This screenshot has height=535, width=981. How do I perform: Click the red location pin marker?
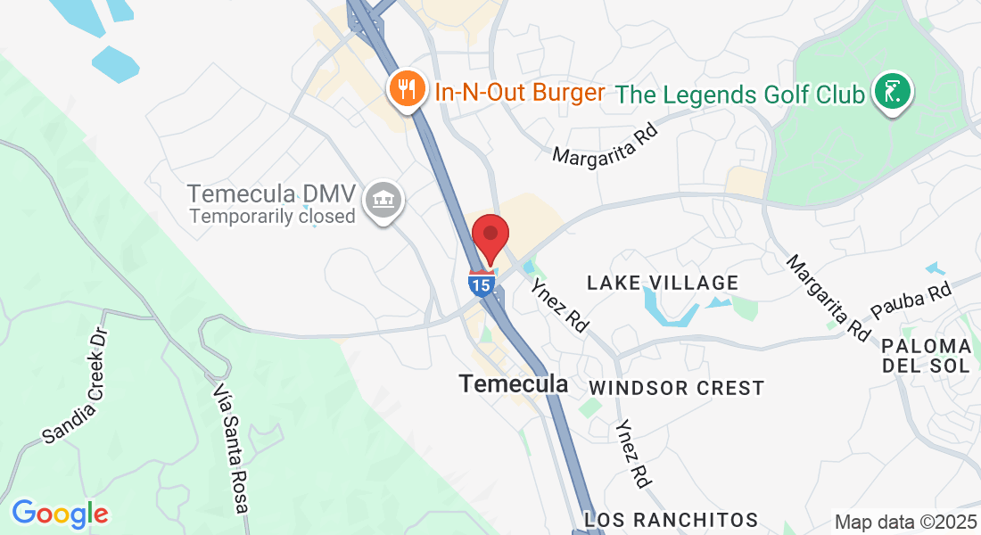[x=490, y=236]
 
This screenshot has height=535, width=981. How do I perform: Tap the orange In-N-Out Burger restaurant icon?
[x=407, y=90]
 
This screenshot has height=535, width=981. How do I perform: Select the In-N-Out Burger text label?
[x=520, y=92]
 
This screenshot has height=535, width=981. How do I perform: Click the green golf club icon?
[x=893, y=92]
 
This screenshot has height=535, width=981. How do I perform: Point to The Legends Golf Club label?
[x=740, y=94]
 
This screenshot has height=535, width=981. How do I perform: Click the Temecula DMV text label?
[x=272, y=193]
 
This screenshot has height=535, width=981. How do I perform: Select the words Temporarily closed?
[x=272, y=216]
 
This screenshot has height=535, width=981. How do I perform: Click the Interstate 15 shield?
[x=480, y=284]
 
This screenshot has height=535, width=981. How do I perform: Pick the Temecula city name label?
[x=513, y=383]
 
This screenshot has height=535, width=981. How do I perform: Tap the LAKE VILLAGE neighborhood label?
[x=663, y=283]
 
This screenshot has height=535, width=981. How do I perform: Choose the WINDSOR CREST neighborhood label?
[x=676, y=388]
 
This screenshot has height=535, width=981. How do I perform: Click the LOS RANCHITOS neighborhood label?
[x=671, y=519]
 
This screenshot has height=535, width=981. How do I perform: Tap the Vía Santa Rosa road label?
[x=231, y=449]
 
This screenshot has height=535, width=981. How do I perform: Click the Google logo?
[x=60, y=514]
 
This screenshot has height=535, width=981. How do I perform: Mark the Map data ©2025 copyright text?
[x=904, y=522]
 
